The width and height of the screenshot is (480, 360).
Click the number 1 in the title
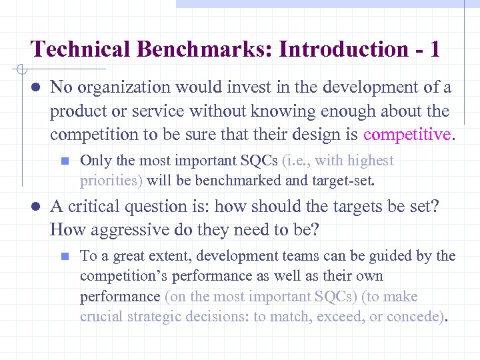coord(434,49)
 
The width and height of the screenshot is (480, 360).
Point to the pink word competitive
coord(407,135)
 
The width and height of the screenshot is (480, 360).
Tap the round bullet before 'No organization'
coord(35,87)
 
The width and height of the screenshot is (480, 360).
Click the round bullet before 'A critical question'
coord(35,207)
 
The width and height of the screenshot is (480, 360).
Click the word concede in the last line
coord(418,316)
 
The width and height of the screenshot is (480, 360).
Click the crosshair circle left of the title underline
coord(21,69)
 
